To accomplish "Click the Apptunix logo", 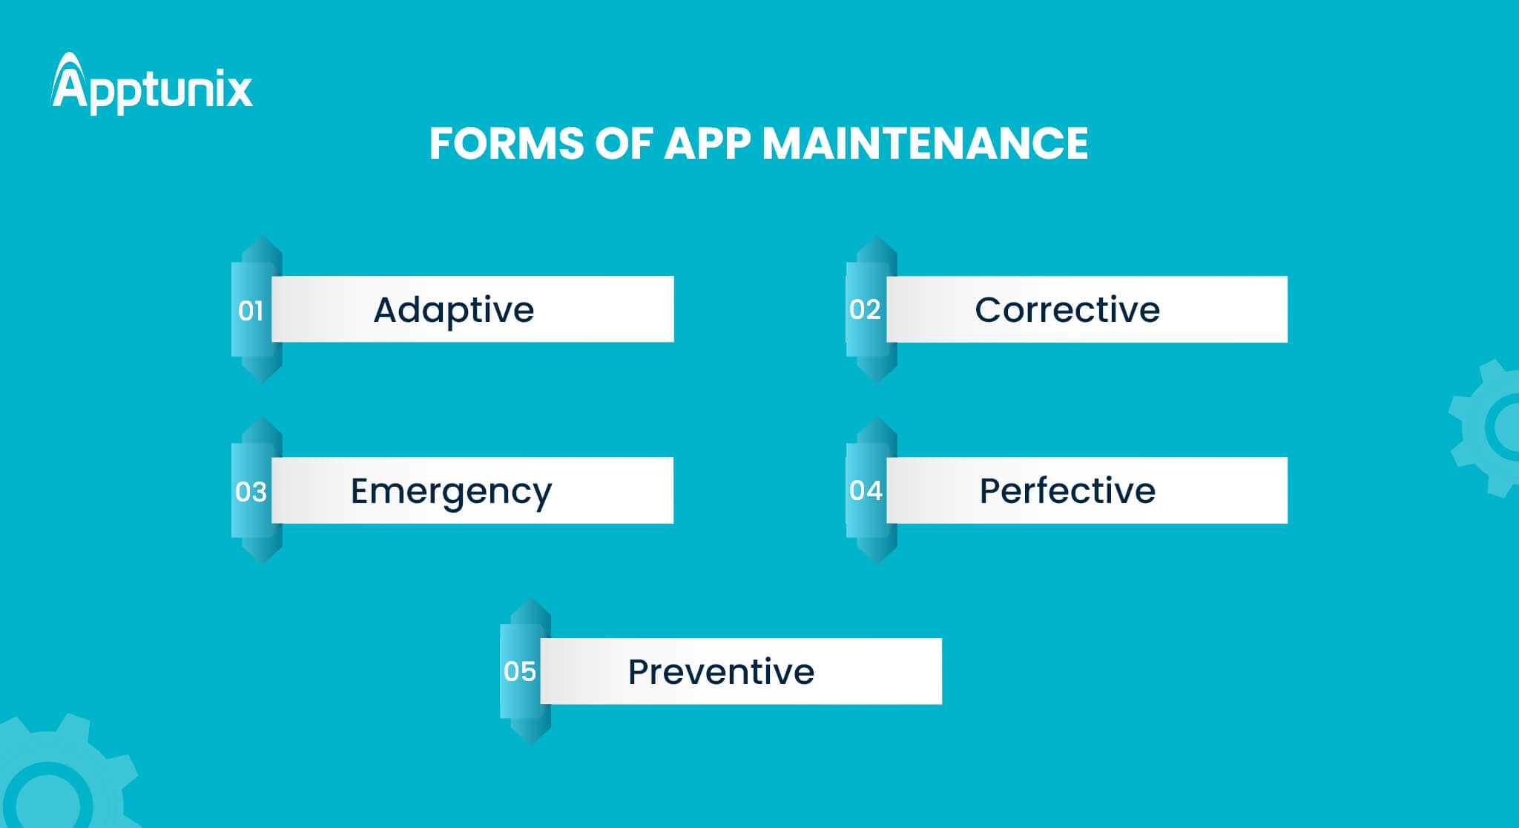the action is click(x=152, y=83).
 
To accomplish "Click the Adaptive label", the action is click(x=454, y=310).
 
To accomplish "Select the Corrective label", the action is click(x=1067, y=309).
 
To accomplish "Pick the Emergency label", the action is click(x=451, y=492).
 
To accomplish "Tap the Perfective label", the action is click(x=1067, y=490).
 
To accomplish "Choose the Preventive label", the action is click(x=721, y=671).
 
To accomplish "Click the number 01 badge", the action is click(x=251, y=311).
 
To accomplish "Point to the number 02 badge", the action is click(x=865, y=309).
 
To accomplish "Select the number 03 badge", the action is click(x=251, y=492).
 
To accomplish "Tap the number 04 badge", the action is click(x=866, y=490).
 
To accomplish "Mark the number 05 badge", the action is click(x=519, y=671).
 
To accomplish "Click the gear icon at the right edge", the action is click(x=1487, y=428).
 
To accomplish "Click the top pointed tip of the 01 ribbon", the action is click(x=262, y=237).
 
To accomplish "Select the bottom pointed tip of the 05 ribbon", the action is click(x=530, y=744).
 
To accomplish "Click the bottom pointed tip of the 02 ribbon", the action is click(x=877, y=382).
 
